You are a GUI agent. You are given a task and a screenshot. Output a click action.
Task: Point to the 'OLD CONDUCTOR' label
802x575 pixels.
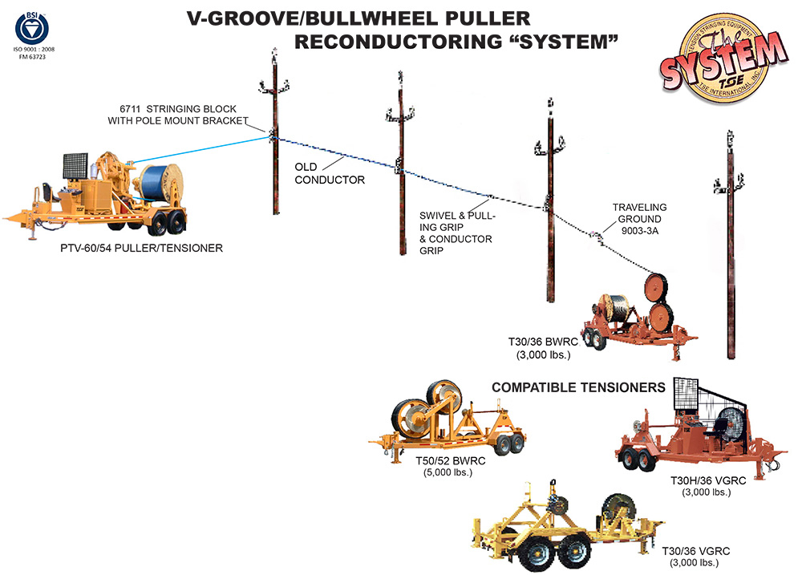(330, 174)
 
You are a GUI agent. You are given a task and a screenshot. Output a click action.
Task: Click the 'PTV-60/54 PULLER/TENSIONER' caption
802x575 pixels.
(141, 249)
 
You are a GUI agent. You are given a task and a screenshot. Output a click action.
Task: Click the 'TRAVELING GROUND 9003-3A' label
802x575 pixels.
(639, 218)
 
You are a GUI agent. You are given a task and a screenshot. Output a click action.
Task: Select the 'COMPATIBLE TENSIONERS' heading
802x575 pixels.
(578, 387)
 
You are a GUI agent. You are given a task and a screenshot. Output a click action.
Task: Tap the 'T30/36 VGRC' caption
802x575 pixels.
(695, 551)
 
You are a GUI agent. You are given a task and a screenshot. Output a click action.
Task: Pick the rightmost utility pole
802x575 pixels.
(730, 249)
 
